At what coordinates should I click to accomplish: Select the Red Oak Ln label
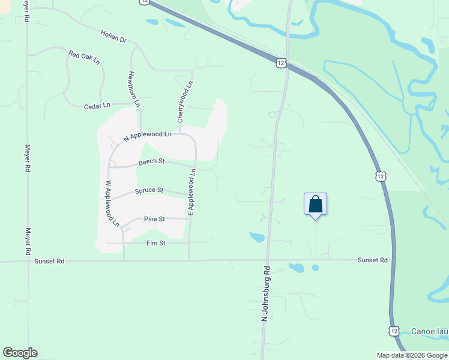click(83, 58)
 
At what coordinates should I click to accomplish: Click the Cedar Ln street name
click(97, 106)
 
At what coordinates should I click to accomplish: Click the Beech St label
click(151, 161)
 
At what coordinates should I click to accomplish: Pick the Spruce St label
click(149, 191)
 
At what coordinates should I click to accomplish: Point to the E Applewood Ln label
click(192, 192)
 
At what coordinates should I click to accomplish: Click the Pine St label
click(154, 219)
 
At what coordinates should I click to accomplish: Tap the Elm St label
click(155, 243)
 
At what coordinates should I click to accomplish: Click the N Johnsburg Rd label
click(265, 298)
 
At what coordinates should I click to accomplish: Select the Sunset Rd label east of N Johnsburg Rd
click(373, 260)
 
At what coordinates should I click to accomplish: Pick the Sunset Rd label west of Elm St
click(49, 262)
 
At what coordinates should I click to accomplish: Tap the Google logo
click(20, 353)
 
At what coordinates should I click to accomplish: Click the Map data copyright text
click(411, 355)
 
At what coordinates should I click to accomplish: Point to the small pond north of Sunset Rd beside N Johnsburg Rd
click(257, 238)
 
